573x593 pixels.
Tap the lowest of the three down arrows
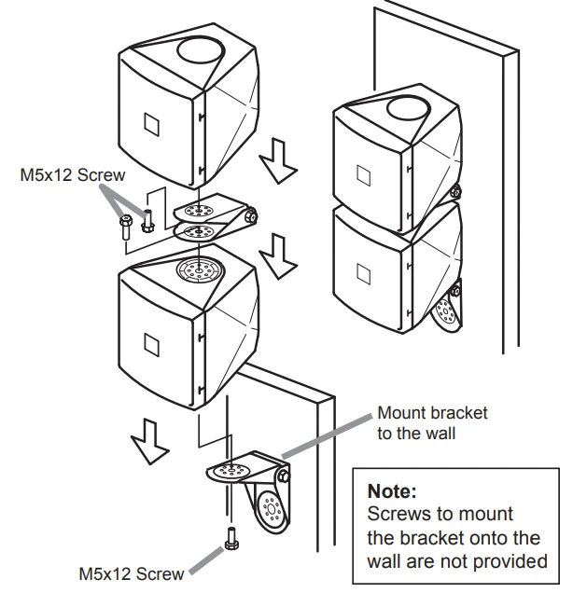coord(147,438)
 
